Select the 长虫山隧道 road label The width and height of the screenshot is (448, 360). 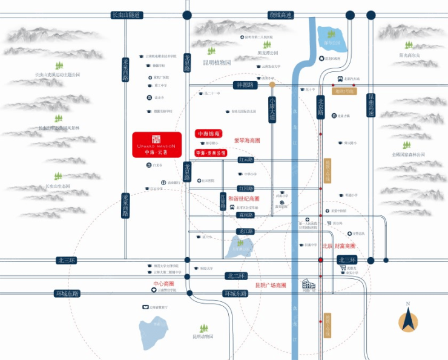click(127, 15)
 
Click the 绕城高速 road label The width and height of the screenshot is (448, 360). click(280, 15)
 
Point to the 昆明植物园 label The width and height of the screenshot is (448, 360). click(217, 63)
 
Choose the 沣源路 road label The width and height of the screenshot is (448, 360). click(229, 85)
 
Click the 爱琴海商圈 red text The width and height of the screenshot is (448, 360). click(246, 140)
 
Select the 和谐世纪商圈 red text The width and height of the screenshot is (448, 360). click(243, 199)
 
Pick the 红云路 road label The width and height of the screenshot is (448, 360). click(245, 160)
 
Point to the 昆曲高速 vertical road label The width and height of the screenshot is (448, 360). click(371, 105)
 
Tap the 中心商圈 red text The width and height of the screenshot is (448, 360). click(163, 283)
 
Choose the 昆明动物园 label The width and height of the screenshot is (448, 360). click(203, 336)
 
